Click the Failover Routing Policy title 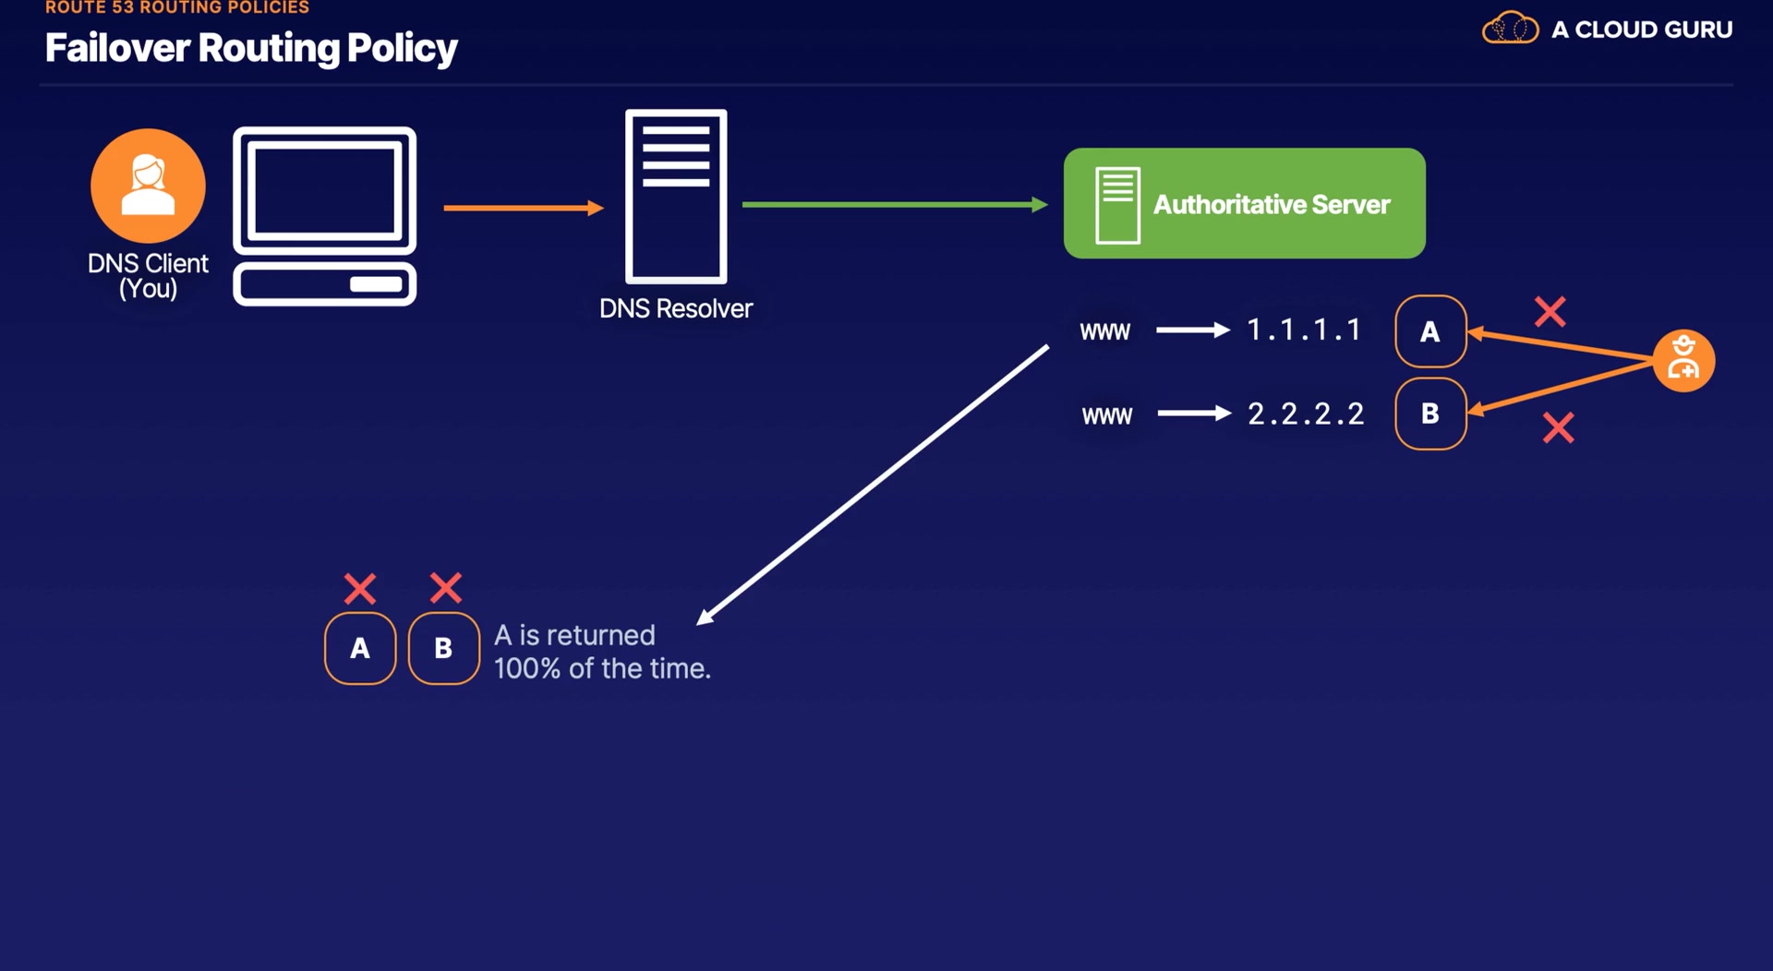click(x=251, y=48)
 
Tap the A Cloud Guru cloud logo click(x=1510, y=29)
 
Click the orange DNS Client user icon click(x=148, y=186)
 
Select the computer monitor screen click(x=324, y=190)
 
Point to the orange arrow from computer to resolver click(x=523, y=208)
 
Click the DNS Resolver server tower click(x=676, y=197)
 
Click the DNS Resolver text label click(x=676, y=308)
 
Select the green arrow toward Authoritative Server click(x=894, y=204)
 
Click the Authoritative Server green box click(x=1244, y=203)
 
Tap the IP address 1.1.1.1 click(x=1304, y=330)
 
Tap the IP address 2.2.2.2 click(x=1306, y=414)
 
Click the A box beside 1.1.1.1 click(x=1430, y=331)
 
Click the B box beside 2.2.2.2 click(x=1430, y=414)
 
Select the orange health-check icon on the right click(x=1683, y=360)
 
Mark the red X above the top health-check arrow click(x=1550, y=312)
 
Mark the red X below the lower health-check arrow click(x=1559, y=427)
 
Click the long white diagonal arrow click(x=872, y=485)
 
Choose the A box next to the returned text click(x=360, y=648)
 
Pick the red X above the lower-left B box click(x=446, y=588)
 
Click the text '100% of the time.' click(x=602, y=668)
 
